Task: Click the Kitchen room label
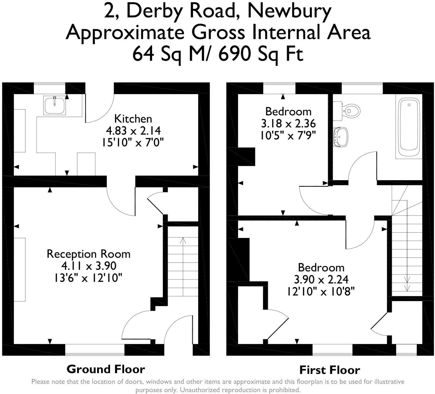(133, 119)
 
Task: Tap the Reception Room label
(89, 254)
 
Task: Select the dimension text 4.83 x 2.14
(133, 131)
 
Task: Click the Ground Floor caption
(106, 369)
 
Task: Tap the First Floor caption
(329, 370)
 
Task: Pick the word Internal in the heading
(291, 32)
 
